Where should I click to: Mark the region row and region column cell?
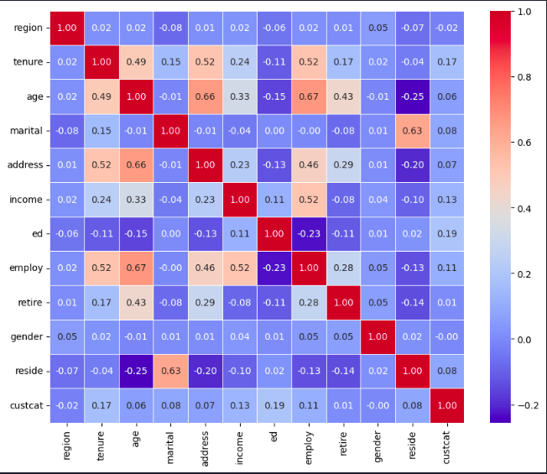(x=67, y=28)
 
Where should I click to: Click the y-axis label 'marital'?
(x=29, y=132)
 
